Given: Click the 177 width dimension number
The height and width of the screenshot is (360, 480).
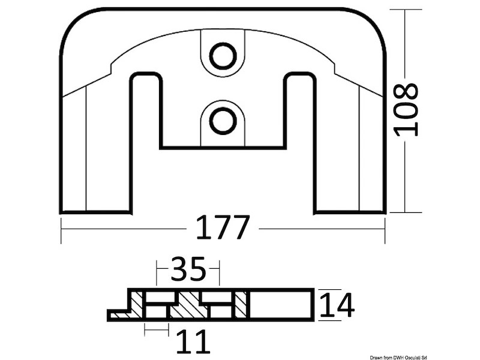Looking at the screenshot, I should click(223, 229).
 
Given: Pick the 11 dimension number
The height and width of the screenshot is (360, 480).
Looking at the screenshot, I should click(193, 341).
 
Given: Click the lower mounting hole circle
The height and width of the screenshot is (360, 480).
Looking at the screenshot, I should click(223, 120).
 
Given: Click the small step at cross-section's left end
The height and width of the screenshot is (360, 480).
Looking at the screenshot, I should click(117, 314).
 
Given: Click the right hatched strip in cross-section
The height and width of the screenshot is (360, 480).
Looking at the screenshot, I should click(241, 304).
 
